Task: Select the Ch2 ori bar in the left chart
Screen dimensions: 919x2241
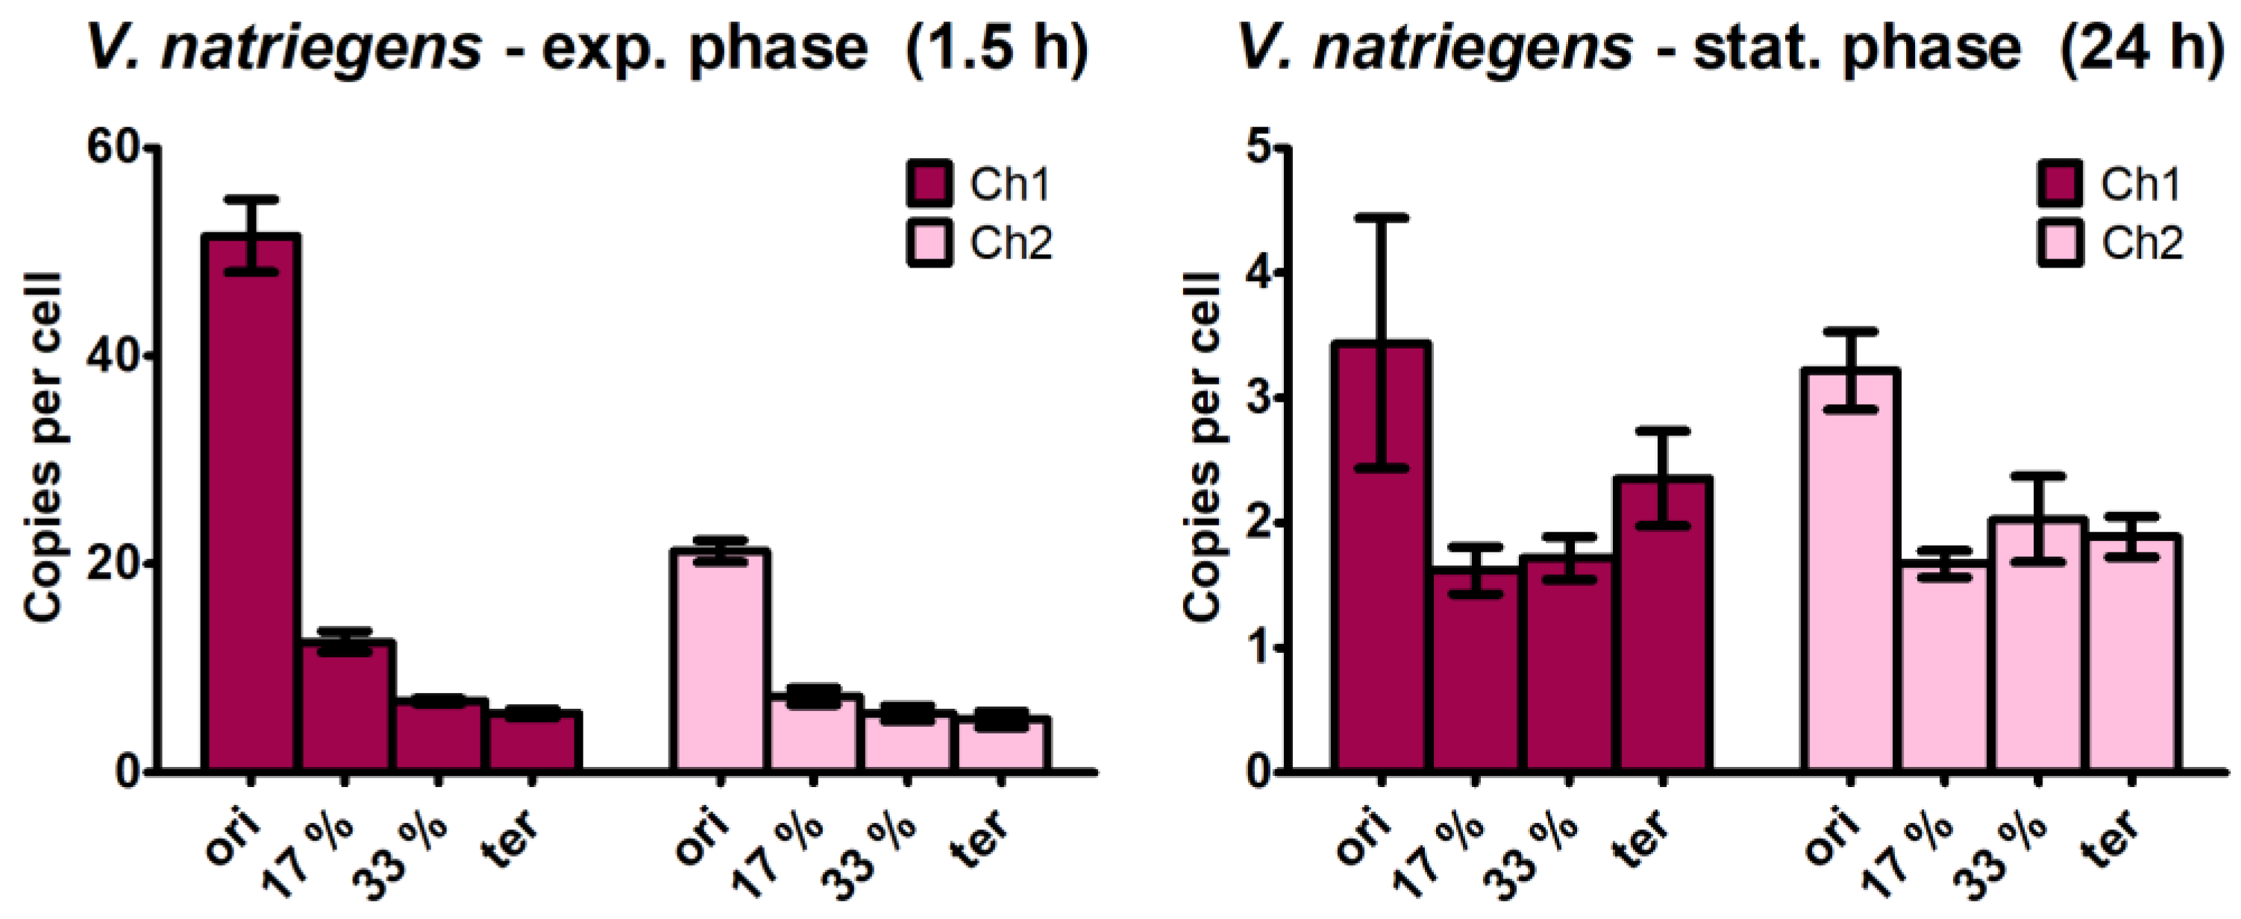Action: [x=718, y=661]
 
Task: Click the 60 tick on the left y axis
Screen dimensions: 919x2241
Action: [x=113, y=148]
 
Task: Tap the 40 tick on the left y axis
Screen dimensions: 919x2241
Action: [x=113, y=356]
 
